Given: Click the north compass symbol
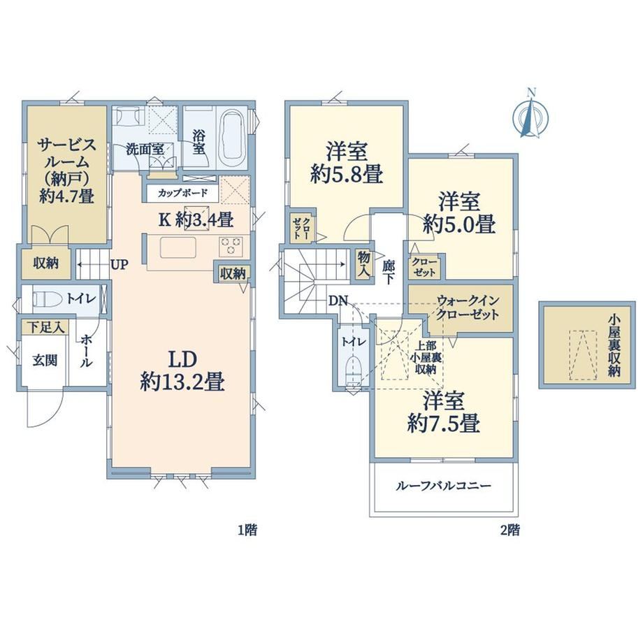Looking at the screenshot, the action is point(531,113).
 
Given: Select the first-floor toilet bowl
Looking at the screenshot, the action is point(46,298).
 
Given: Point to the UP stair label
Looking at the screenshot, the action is point(120,264).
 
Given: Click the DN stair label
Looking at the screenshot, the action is point(338,301).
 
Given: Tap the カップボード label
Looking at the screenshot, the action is point(182,193).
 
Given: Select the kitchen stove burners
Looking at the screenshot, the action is point(231,245).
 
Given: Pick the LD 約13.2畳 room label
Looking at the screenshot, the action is point(182,371).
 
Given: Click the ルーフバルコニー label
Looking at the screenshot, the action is point(443,486).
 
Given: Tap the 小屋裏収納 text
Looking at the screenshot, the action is point(614,345).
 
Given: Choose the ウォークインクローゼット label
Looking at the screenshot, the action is point(468,308).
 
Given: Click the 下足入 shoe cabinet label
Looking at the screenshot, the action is point(46,327).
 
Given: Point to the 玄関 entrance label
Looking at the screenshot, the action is point(45,361).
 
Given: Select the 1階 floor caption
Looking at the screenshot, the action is point(247,530).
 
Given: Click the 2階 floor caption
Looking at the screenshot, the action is point(510,530).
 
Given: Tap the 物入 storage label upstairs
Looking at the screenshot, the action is point(363,263).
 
